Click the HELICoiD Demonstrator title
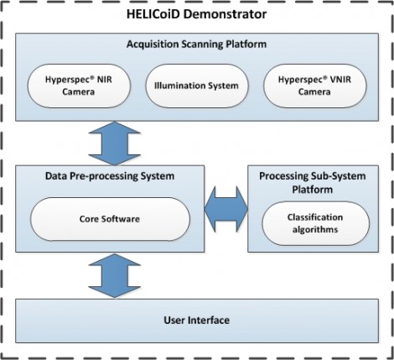click(x=196, y=14)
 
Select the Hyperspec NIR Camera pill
click(x=79, y=86)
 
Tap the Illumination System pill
click(x=197, y=86)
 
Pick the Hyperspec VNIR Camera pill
click(x=314, y=86)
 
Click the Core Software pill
click(x=110, y=219)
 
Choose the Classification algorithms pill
click(x=315, y=223)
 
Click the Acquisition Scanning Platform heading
click(x=196, y=44)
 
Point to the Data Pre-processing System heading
click(x=110, y=176)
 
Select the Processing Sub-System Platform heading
click(x=313, y=183)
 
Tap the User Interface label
click(x=197, y=320)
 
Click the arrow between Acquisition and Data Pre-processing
click(x=115, y=143)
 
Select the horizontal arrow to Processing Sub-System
click(x=226, y=209)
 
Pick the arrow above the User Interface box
click(x=115, y=276)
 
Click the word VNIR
click(x=340, y=80)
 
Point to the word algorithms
click(x=315, y=230)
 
